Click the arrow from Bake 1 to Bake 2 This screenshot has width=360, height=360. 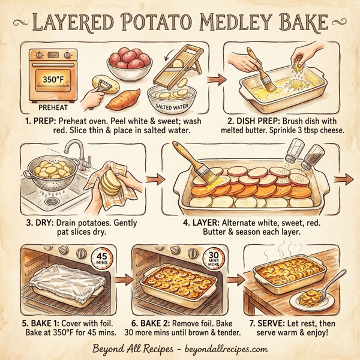pos(124,279)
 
